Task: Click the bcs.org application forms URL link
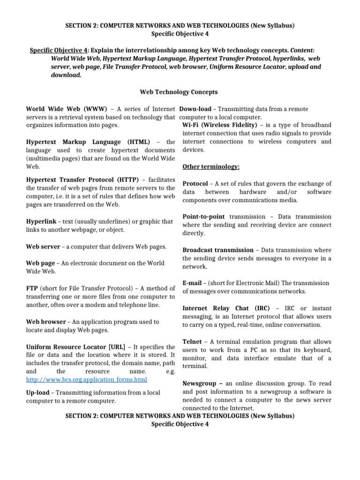[x=87, y=379]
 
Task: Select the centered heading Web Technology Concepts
[x=180, y=92]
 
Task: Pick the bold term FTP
[x=32, y=288]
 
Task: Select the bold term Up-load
[x=40, y=393]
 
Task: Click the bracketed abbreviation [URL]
[x=117, y=347]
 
